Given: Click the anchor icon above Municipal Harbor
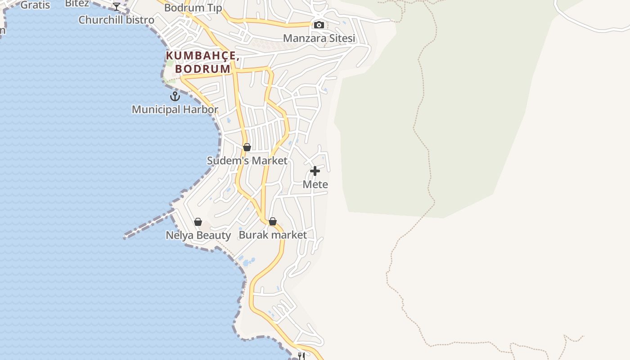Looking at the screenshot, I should [175, 96].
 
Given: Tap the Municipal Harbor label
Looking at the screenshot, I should [175, 109].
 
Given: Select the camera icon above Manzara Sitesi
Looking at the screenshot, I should [319, 25].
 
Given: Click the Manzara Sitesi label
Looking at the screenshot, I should [319, 38].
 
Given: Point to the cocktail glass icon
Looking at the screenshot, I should [117, 6].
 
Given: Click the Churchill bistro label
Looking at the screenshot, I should [116, 20].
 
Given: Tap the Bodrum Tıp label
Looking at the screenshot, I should [193, 8].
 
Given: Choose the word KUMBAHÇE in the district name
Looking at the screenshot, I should [202, 56].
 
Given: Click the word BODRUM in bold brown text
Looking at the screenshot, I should [203, 69].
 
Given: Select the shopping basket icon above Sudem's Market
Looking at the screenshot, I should [247, 147].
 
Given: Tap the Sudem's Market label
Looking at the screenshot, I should [247, 161].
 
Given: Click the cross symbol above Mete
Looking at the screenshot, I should [315, 171].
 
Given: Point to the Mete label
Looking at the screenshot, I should [315, 184].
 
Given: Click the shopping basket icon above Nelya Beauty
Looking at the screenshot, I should [198, 222].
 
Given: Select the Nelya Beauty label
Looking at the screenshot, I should [198, 235].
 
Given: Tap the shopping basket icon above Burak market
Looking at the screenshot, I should [272, 221].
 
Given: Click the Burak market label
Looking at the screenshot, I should [273, 235].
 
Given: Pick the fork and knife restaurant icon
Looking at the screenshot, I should [301, 356].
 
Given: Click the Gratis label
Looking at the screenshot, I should [35, 5].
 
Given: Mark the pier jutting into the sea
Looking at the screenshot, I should [148, 224].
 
